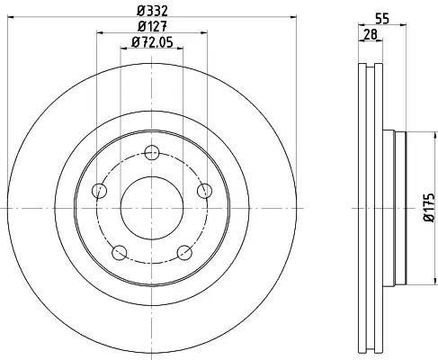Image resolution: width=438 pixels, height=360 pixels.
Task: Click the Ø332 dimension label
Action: [x=152, y=11]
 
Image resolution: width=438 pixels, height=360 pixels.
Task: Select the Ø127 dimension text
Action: [x=152, y=27]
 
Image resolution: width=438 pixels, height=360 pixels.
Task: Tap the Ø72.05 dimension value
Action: [x=152, y=42]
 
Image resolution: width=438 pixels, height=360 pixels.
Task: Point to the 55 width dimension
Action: [x=382, y=19]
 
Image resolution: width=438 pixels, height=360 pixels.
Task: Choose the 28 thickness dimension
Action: [x=371, y=34]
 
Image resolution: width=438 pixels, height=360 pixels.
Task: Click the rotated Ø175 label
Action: [x=429, y=207]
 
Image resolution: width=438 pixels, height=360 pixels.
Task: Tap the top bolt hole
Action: [x=152, y=153]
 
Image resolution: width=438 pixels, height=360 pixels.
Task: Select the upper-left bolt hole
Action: [x=99, y=191]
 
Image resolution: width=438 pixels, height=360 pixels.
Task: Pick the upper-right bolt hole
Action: [x=204, y=191]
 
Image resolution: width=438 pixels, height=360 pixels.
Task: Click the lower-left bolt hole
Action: [x=119, y=253]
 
